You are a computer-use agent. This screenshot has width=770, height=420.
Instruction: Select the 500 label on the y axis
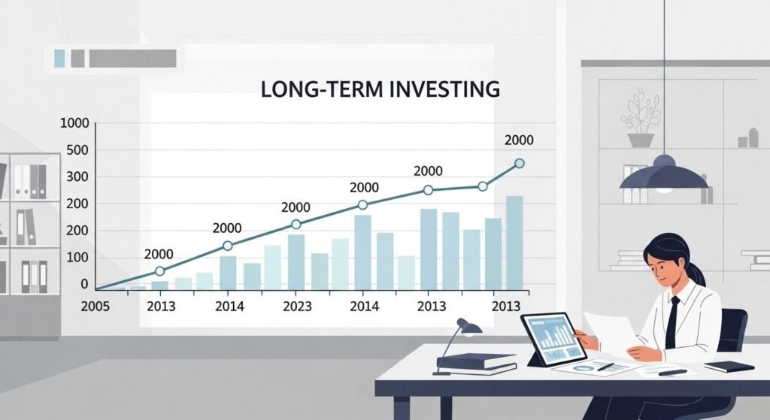(x=77, y=150)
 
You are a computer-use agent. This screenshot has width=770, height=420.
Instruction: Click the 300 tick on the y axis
(x=77, y=177)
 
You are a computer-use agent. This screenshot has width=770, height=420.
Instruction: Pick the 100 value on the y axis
(x=77, y=258)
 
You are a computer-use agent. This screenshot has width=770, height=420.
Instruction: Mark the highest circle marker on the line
(x=519, y=163)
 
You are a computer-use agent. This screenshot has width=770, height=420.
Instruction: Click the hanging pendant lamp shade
(x=663, y=175)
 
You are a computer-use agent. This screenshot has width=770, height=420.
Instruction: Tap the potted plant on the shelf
(x=641, y=120)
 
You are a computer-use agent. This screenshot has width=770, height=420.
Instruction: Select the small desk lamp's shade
(x=470, y=326)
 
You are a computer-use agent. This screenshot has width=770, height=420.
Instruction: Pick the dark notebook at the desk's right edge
(x=729, y=366)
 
